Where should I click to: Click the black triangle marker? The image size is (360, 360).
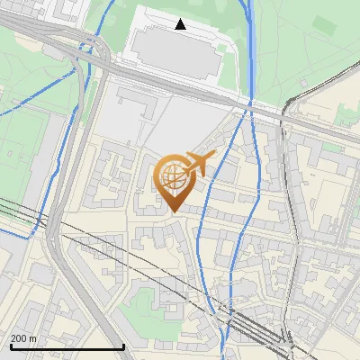click(x=181, y=24)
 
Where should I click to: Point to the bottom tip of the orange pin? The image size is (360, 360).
click(x=172, y=211)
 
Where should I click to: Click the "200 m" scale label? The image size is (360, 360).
click(x=23, y=337)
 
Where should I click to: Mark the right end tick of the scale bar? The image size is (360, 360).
click(x=123, y=346)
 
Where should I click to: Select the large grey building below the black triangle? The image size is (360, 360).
click(x=175, y=57)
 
